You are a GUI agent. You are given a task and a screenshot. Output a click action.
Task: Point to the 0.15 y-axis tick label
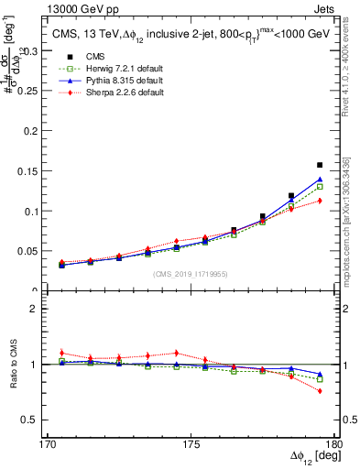pos(36,171)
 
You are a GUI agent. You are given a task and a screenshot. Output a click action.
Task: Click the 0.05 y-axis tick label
pos(36,250)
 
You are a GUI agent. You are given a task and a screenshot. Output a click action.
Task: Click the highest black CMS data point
pos(320,165)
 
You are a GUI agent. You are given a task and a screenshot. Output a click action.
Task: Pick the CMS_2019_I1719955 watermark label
pos(191,274)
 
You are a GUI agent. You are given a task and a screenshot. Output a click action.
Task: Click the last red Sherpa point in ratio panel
pos(320,391)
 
